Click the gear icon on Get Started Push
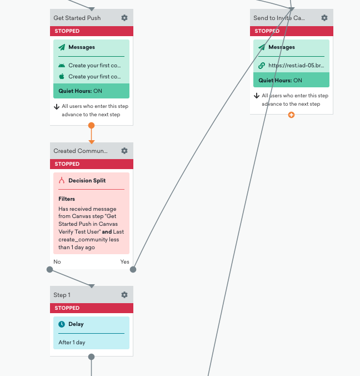point(124,18)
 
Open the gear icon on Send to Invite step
point(324,18)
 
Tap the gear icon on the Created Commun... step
point(124,151)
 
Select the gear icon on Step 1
point(124,295)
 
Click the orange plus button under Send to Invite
point(291,115)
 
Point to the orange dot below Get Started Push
point(91,125)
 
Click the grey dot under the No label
point(49,270)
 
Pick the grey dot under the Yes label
point(133,270)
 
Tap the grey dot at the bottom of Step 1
point(91,357)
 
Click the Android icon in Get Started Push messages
point(62,66)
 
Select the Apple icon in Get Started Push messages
point(62,76)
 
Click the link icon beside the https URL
point(262,66)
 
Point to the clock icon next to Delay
point(62,324)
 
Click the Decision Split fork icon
point(62,180)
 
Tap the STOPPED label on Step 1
point(67,308)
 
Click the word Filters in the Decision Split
point(67,199)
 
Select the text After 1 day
point(72,343)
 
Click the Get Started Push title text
point(77,18)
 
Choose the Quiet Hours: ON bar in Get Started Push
point(91,91)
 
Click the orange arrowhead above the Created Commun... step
point(92,142)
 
